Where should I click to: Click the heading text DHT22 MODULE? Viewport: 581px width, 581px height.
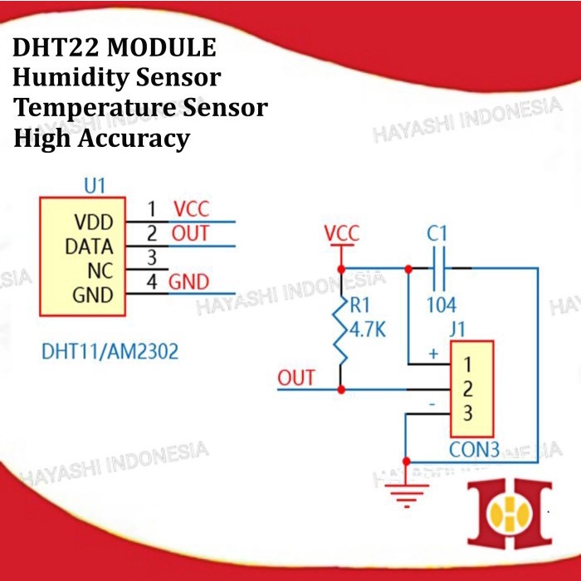pos(115,48)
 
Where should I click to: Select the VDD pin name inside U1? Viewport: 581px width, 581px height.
pos(94,223)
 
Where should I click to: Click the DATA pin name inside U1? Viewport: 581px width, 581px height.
pos(89,247)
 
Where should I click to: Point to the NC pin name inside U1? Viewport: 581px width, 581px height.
pos(99,271)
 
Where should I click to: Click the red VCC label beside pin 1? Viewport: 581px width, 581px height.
pos(191,209)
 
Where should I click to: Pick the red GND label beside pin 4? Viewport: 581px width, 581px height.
pos(189,281)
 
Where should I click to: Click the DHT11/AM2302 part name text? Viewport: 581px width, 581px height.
pos(110,351)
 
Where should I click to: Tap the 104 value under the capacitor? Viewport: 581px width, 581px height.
pos(441,305)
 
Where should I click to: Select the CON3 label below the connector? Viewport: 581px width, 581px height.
pos(474,451)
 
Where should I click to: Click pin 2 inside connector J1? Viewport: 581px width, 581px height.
pos(467,388)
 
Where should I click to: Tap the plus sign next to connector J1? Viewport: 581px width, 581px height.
pos(432,353)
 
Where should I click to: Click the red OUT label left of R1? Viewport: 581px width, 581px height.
pos(296,378)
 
